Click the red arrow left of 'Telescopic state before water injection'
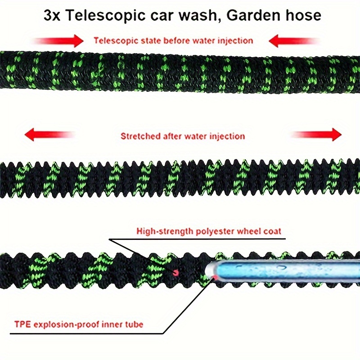click(x=61, y=41)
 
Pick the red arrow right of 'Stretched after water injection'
click(x=317, y=134)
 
